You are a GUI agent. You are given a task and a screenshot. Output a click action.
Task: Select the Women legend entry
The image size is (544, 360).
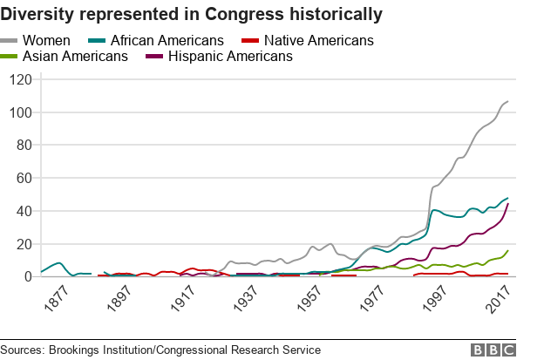point(46,41)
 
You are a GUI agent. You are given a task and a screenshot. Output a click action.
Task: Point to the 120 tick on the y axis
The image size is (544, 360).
point(19,80)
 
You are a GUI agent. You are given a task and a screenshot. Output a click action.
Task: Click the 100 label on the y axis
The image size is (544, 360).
point(19,113)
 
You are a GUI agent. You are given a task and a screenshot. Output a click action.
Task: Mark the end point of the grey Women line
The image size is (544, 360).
point(508,102)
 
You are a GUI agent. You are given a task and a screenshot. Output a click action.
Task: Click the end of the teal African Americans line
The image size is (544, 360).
point(508,198)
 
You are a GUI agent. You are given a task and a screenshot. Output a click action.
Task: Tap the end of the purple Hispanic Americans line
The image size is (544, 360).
point(508,204)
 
